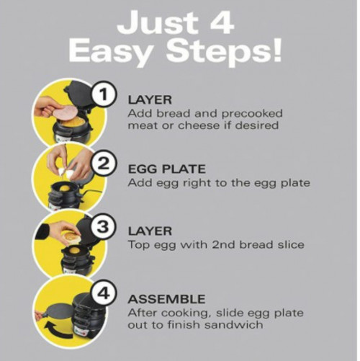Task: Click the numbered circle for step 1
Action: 104,94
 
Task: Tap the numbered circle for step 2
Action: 104,165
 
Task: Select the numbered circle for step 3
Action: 103,227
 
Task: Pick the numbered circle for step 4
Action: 104,294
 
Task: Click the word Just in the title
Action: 158,22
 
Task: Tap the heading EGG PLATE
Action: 167,169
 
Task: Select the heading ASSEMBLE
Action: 166,299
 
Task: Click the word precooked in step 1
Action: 252,114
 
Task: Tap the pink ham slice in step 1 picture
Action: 66,112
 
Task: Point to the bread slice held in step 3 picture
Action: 71,237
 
